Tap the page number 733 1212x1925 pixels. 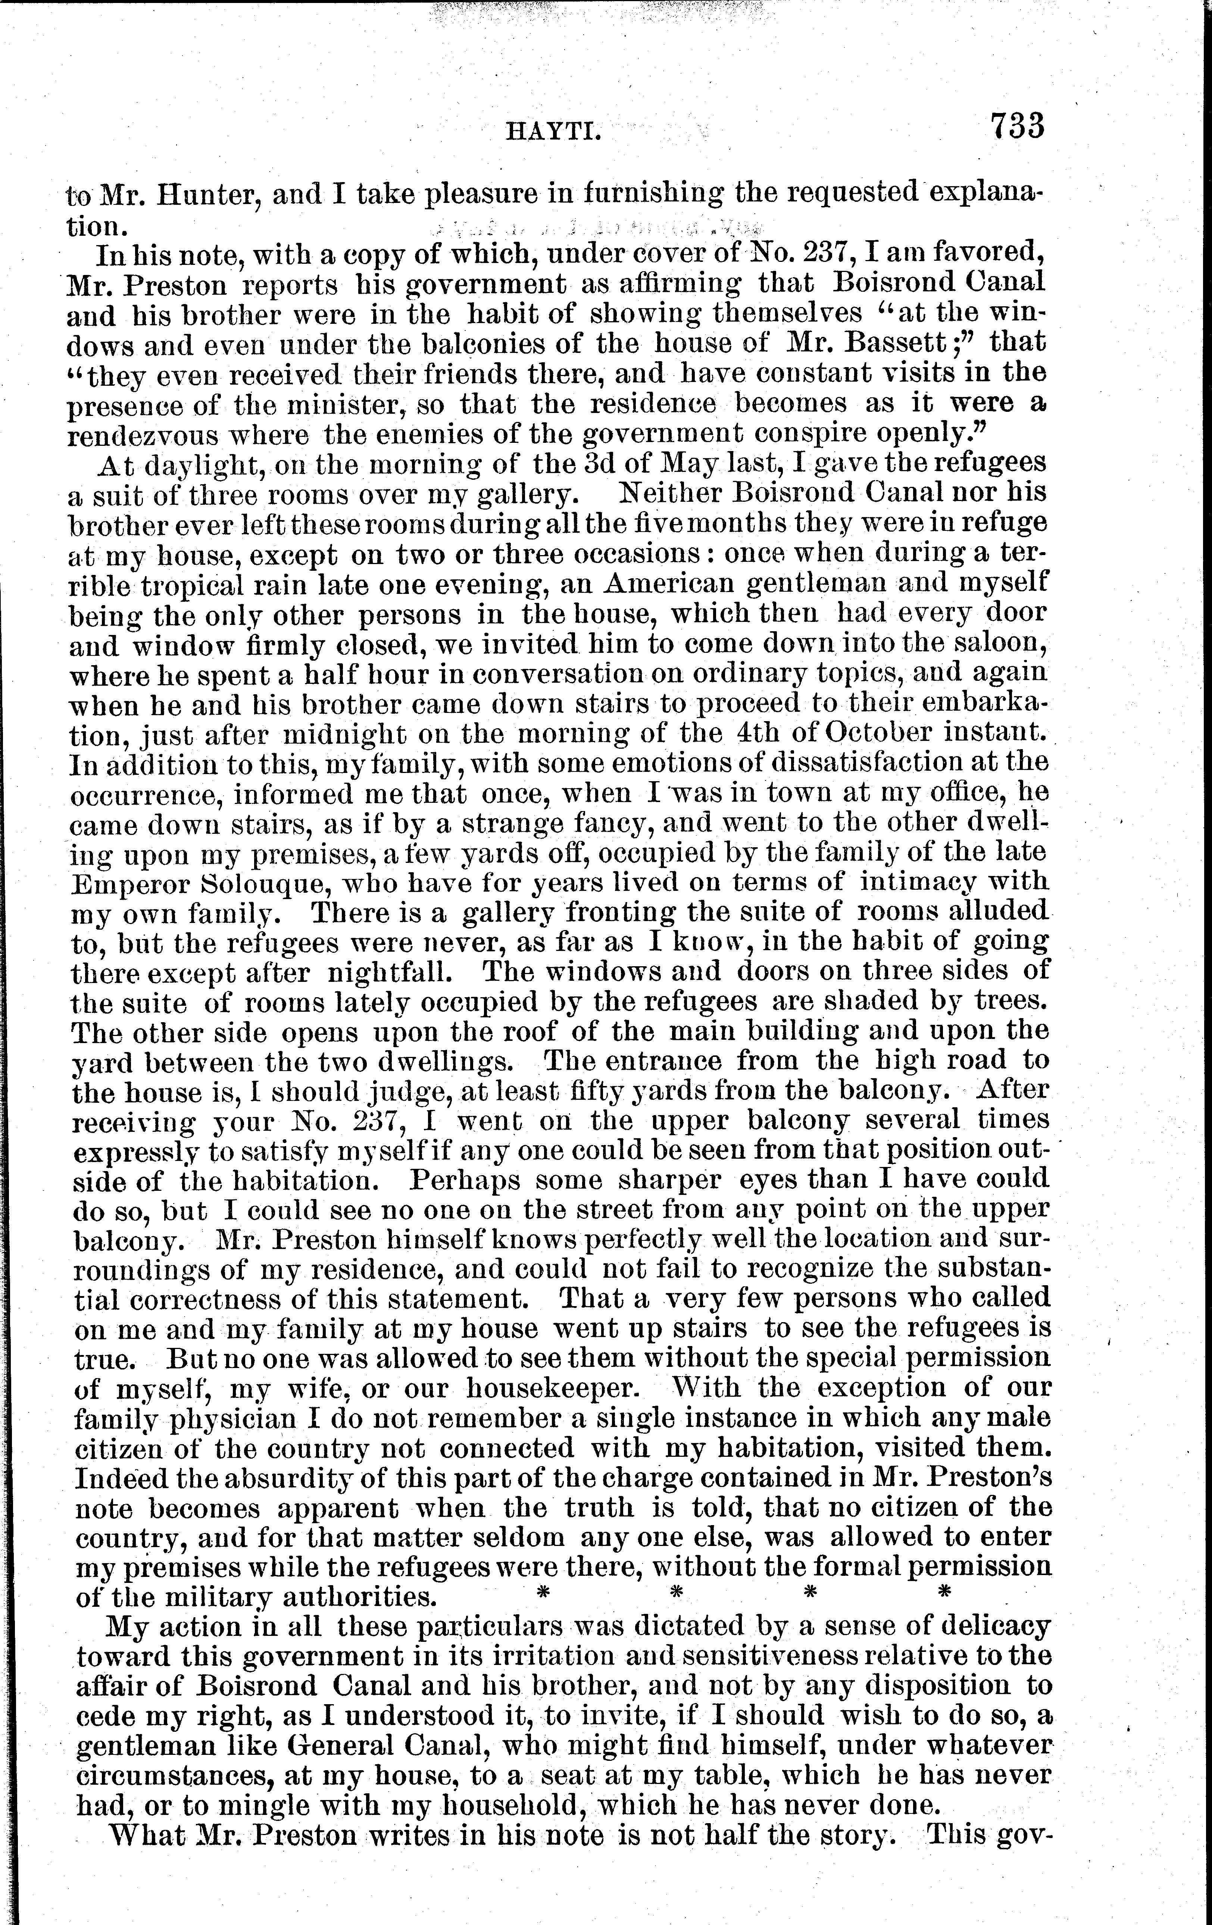point(1017,126)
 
